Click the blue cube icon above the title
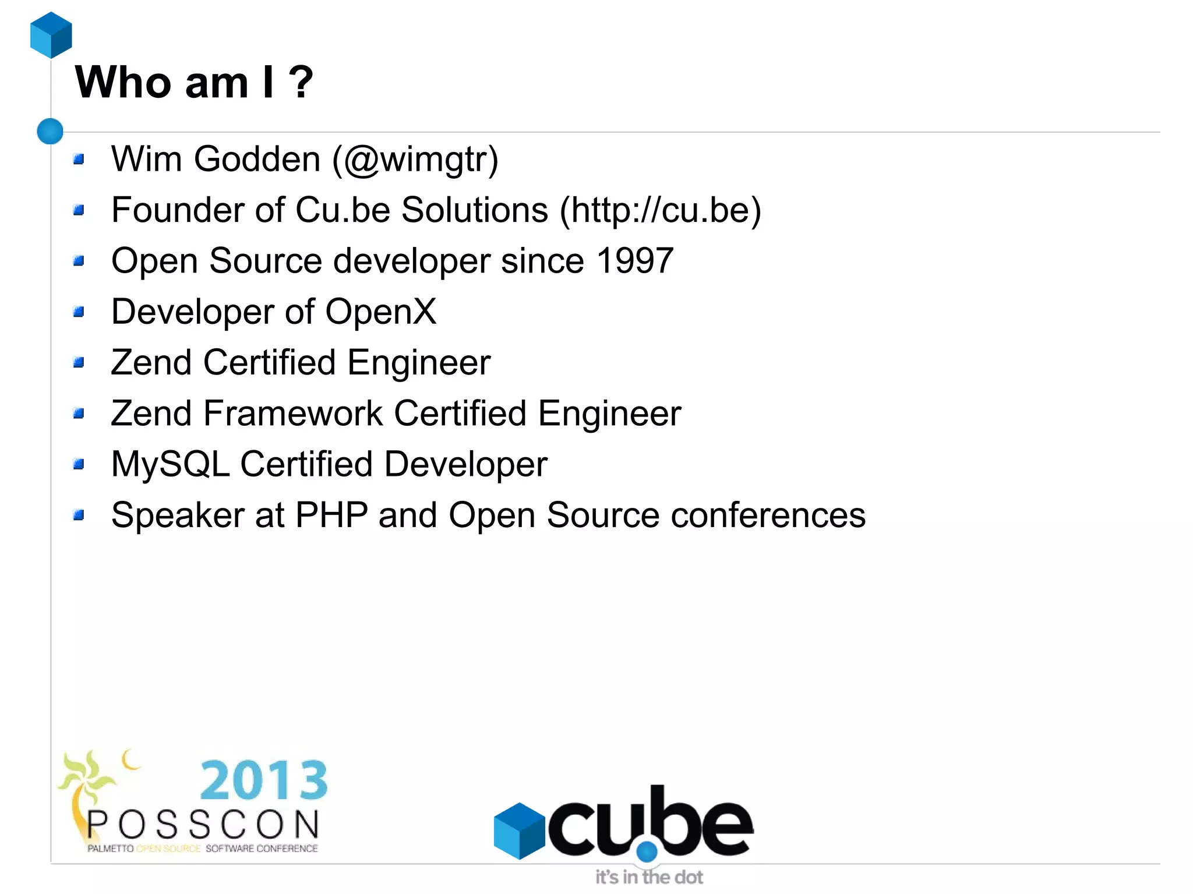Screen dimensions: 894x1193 tap(51, 35)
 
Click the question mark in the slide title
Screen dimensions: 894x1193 tap(301, 82)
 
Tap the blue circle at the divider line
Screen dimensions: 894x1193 tap(50, 131)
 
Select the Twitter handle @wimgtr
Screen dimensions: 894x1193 tap(416, 160)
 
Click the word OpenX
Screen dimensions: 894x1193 tap(380, 312)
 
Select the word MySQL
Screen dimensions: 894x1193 tap(170, 465)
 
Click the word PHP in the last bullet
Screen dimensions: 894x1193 tap(331, 515)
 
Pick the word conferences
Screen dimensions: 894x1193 tap(768, 515)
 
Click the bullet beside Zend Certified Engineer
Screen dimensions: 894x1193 tap(79, 363)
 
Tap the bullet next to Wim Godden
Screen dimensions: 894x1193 tap(79, 159)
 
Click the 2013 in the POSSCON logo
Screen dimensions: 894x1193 tap(264, 780)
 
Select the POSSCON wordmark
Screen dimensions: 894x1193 tap(203, 825)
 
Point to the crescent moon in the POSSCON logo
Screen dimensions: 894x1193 tap(130, 759)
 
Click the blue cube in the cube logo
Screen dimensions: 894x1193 tap(519, 831)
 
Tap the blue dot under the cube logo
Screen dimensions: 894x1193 tap(647, 851)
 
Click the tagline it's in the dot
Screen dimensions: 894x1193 tap(648, 877)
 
